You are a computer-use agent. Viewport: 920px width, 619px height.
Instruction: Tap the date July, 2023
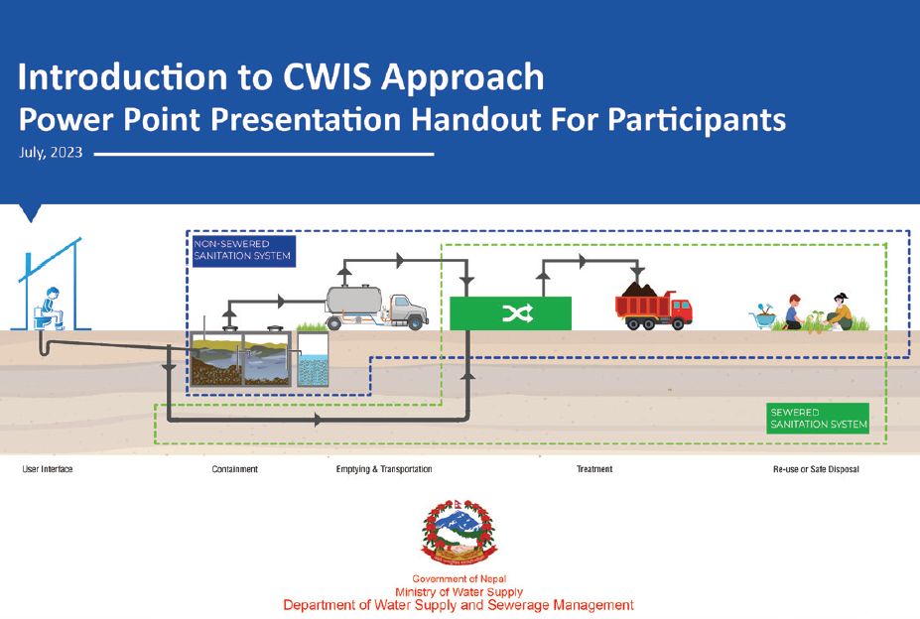click(51, 155)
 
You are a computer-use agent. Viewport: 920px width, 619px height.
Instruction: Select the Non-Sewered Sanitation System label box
click(242, 249)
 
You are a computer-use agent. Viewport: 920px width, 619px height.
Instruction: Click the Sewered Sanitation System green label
click(818, 419)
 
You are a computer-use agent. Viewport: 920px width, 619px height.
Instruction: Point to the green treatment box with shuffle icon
click(510, 313)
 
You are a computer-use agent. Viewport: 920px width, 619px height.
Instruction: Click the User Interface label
click(48, 469)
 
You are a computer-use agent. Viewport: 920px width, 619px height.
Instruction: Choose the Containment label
click(234, 469)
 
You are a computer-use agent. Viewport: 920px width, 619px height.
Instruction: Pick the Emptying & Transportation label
click(384, 469)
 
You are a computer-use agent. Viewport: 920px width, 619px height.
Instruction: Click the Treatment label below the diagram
click(593, 469)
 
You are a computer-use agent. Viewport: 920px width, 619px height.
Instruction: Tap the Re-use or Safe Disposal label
click(816, 469)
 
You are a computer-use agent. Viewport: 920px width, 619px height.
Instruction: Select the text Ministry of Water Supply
click(459, 592)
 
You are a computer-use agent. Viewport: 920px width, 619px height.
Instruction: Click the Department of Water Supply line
click(459, 605)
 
